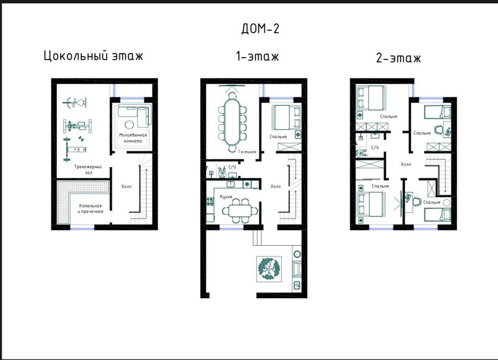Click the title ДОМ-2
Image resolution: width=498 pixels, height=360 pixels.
pos(260,29)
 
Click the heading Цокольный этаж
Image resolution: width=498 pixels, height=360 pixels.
pos(94,56)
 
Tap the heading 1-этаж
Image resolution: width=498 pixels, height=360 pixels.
pos(257,57)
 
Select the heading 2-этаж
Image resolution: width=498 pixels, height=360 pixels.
pos(398,58)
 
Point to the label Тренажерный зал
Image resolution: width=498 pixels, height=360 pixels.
pos(88,170)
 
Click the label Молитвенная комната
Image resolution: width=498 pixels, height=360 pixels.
pos(133,138)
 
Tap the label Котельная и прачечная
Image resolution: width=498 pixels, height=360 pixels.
pos(91,209)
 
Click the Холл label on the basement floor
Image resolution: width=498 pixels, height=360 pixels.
pos(126,186)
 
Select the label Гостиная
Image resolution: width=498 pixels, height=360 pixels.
pos(247,152)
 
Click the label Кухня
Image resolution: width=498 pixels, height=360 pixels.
pos(226,197)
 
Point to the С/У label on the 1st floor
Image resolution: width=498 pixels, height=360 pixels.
pos(232,167)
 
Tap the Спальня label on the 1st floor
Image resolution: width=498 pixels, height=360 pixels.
pos(278,136)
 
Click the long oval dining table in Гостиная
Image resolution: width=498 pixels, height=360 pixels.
pos(233,122)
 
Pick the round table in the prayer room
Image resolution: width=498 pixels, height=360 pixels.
pos(129,124)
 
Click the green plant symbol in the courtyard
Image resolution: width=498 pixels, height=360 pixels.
pos(269,269)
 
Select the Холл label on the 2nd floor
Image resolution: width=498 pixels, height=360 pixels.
pos(406,164)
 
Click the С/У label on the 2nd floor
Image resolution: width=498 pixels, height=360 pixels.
pos(375,148)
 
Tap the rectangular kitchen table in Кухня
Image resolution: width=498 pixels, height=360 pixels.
pos(240,210)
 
